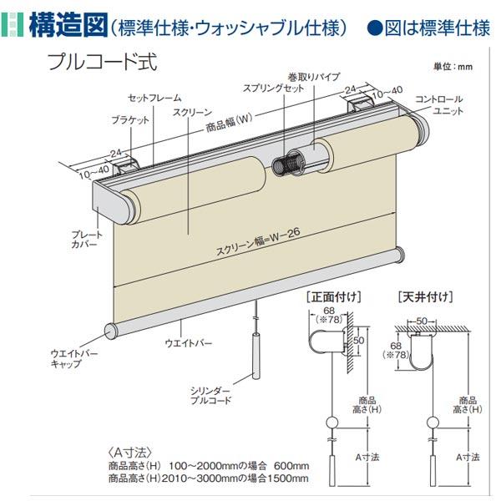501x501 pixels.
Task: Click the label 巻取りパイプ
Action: coord(313,76)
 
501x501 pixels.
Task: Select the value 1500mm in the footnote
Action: coord(288,479)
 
